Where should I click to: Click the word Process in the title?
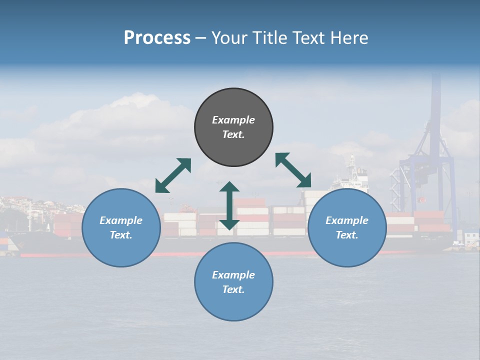point(157,38)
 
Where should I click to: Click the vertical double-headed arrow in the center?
point(229,205)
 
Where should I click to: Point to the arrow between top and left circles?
point(173,175)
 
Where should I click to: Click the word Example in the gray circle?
point(233,120)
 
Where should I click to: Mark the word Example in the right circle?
point(347,220)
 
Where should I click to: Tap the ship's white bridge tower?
point(353,177)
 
